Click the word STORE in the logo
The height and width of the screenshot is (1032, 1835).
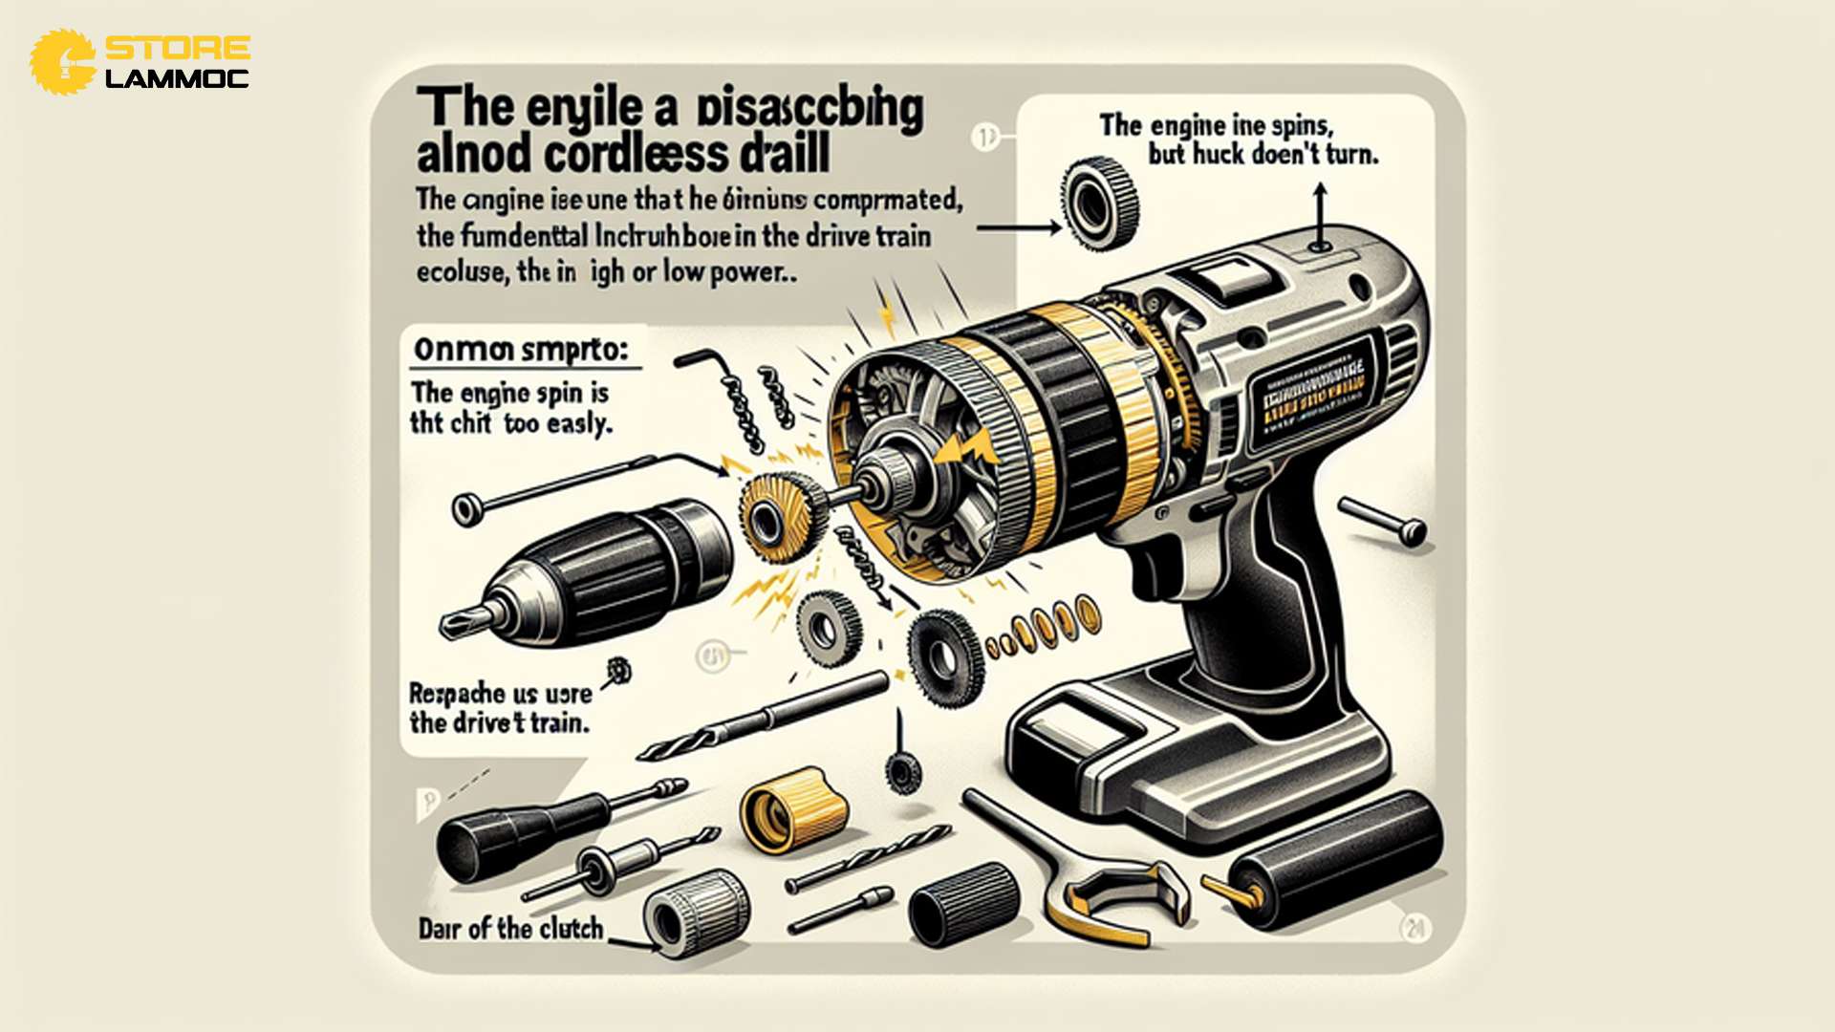[x=178, y=48]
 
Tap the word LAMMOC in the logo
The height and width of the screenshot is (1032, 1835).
[x=178, y=78]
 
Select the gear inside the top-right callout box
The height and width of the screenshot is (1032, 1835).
[x=1101, y=202]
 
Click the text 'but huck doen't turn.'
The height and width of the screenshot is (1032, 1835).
[x=1263, y=154]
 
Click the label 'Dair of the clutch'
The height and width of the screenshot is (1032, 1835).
[x=510, y=929]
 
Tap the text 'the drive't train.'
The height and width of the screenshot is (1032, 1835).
[x=499, y=722]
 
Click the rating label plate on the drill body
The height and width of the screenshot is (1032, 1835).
[x=1314, y=392]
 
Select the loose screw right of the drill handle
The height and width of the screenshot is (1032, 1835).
[x=1385, y=520]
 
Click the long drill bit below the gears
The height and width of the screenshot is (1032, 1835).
[x=765, y=717]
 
